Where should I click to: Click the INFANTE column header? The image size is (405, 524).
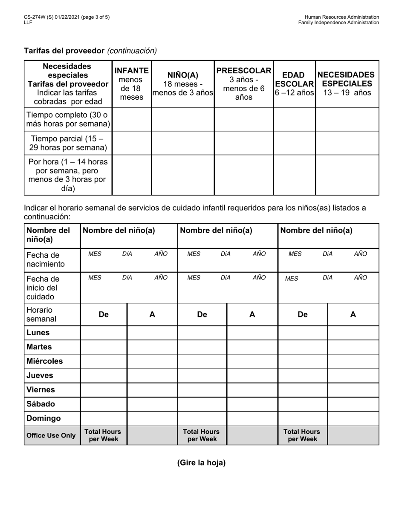pyautogui.click(x=132, y=83)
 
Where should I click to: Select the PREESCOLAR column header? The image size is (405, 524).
pyautogui.click(x=244, y=83)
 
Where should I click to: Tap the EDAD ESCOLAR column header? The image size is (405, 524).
pyautogui.click(x=294, y=83)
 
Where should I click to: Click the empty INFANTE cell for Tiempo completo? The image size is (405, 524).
pyautogui.click(x=132, y=119)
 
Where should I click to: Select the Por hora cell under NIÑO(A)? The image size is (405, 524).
pyautogui.click(x=183, y=175)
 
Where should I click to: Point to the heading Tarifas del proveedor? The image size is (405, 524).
pyautogui.click(x=64, y=51)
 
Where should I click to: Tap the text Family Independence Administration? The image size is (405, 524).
pyautogui.click(x=338, y=23)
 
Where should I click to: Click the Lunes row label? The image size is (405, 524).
pyautogui.click(x=38, y=333)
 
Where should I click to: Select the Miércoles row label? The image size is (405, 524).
pyautogui.click(x=45, y=361)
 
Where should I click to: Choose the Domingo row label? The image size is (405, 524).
pyautogui.click(x=43, y=418)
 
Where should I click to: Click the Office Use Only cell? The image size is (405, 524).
pyautogui.click(x=51, y=435)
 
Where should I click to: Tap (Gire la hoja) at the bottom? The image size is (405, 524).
pyautogui.click(x=201, y=463)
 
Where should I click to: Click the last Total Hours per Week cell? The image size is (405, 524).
pyautogui.click(x=302, y=435)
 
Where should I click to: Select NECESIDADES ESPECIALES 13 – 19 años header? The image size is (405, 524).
pyautogui.click(x=347, y=83)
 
